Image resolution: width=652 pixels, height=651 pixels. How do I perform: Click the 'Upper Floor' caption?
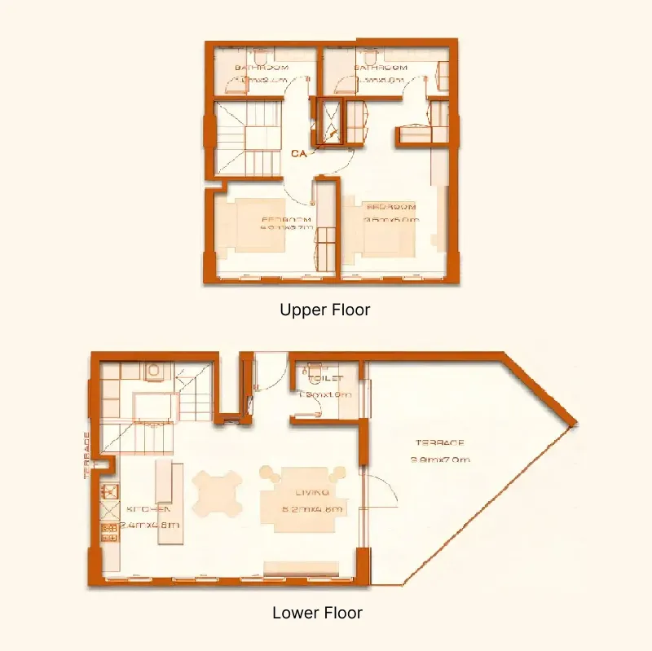[x=325, y=310]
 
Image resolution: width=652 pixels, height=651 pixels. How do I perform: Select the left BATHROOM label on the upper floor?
[x=262, y=68]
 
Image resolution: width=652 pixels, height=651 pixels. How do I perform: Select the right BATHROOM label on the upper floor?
[x=381, y=68]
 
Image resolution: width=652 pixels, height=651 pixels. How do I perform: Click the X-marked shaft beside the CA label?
[x=331, y=122]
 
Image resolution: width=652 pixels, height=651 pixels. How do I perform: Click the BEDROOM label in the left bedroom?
[x=286, y=220]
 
